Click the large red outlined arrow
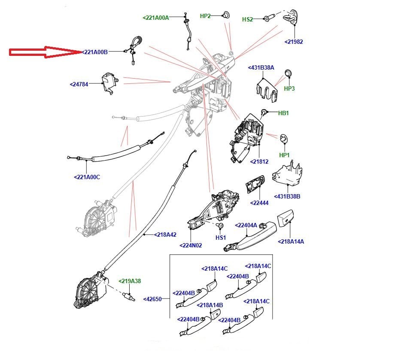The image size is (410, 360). tap(45, 52)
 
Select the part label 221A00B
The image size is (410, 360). tap(95, 52)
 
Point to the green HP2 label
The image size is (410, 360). tap(206, 16)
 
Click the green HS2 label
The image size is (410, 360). tap(248, 19)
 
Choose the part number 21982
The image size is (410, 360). tap(294, 42)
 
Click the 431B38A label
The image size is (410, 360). tap(261, 67)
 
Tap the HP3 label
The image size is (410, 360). tap(289, 88)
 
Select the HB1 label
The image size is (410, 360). tap(283, 113)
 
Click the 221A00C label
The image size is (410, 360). tap(87, 177)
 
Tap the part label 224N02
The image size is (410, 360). tap(191, 246)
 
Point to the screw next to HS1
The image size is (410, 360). tap(222, 225)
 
